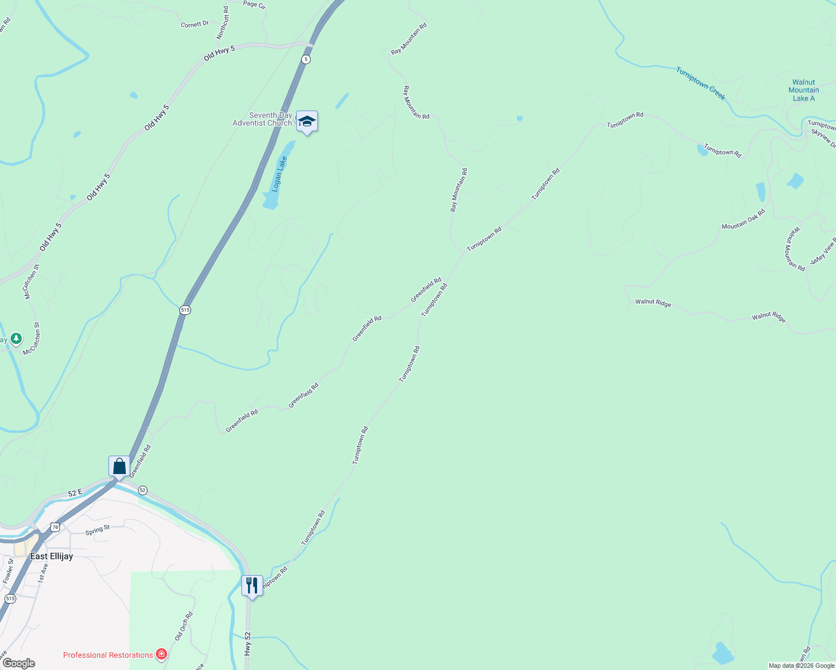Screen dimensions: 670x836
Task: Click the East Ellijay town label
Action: pyautogui.click(x=51, y=556)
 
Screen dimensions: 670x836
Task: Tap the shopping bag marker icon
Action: pyautogui.click(x=119, y=466)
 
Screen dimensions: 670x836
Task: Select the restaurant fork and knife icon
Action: pyautogui.click(x=252, y=585)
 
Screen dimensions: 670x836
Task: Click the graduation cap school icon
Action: pyautogui.click(x=307, y=121)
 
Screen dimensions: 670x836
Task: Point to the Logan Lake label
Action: pyautogui.click(x=279, y=174)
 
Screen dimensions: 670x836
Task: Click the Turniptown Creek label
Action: pyautogui.click(x=700, y=84)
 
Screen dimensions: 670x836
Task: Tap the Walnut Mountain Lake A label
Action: pyautogui.click(x=804, y=90)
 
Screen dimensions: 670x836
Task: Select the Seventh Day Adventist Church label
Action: pyautogui.click(x=263, y=119)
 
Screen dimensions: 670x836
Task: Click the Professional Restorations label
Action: pyautogui.click(x=108, y=655)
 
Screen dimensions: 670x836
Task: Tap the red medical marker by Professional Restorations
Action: pyautogui.click(x=161, y=654)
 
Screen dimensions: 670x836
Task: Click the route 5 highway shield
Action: pyautogui.click(x=306, y=59)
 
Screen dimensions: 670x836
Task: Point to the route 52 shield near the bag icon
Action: pyautogui.click(x=142, y=490)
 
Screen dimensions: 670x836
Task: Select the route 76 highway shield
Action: pyautogui.click(x=55, y=527)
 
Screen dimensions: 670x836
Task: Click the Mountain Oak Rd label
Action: pyautogui.click(x=743, y=219)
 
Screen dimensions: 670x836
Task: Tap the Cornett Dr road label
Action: pyautogui.click(x=194, y=24)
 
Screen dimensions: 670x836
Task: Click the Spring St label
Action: pyautogui.click(x=97, y=530)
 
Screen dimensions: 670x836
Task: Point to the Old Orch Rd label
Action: pyautogui.click(x=183, y=626)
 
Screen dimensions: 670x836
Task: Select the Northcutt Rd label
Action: pyautogui.click(x=222, y=23)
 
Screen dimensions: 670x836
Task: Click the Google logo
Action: pyautogui.click(x=18, y=663)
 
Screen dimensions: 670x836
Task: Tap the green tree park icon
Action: pyautogui.click(x=16, y=338)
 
